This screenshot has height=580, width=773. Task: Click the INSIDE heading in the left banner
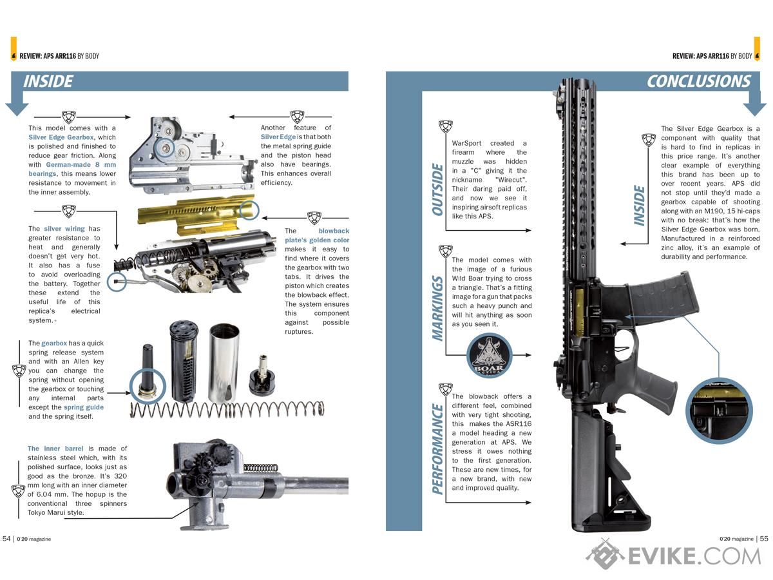point(48,81)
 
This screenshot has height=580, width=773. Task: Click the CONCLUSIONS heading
point(699,81)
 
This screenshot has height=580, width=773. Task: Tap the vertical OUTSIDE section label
point(437,189)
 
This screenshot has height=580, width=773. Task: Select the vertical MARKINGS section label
point(437,309)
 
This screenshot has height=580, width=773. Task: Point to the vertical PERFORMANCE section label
point(437,449)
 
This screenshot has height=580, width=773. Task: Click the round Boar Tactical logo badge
point(489,356)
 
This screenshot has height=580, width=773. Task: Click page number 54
point(6,539)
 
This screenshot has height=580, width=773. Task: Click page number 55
point(764,539)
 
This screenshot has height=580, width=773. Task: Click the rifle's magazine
point(664,296)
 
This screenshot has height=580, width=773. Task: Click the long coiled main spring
point(227,410)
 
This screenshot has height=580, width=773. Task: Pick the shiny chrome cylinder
point(224,363)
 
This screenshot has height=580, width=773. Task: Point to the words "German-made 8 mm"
point(81,164)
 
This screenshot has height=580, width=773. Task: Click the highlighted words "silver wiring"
point(64,229)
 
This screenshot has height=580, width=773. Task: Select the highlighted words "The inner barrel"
point(55,449)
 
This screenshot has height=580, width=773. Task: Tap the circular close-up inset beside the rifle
point(719,411)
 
